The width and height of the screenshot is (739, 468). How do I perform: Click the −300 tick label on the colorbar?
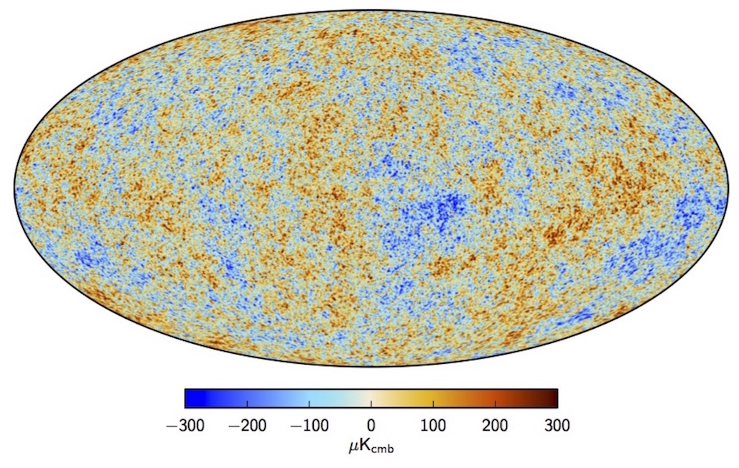tap(185, 425)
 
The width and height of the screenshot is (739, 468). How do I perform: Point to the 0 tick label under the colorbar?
tap(371, 425)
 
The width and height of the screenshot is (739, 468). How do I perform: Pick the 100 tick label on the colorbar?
tap(433, 425)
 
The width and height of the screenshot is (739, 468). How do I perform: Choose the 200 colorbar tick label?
tap(496, 425)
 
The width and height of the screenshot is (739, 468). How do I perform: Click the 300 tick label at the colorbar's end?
tap(557, 425)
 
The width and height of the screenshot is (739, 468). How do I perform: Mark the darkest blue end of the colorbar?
tap(188, 398)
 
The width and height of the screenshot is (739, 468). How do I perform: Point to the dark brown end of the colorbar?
tap(554, 398)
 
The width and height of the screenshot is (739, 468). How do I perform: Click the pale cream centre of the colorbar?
tap(371, 398)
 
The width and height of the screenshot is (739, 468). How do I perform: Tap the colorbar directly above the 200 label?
tap(496, 398)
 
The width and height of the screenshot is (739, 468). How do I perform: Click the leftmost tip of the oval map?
tap(14, 187)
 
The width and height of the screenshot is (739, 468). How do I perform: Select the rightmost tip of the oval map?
tap(727, 187)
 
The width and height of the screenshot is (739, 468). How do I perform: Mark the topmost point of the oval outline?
tap(371, 9)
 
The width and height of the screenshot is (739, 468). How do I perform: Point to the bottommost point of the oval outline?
tap(371, 365)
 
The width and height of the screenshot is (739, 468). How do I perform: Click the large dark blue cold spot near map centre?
tap(440, 210)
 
